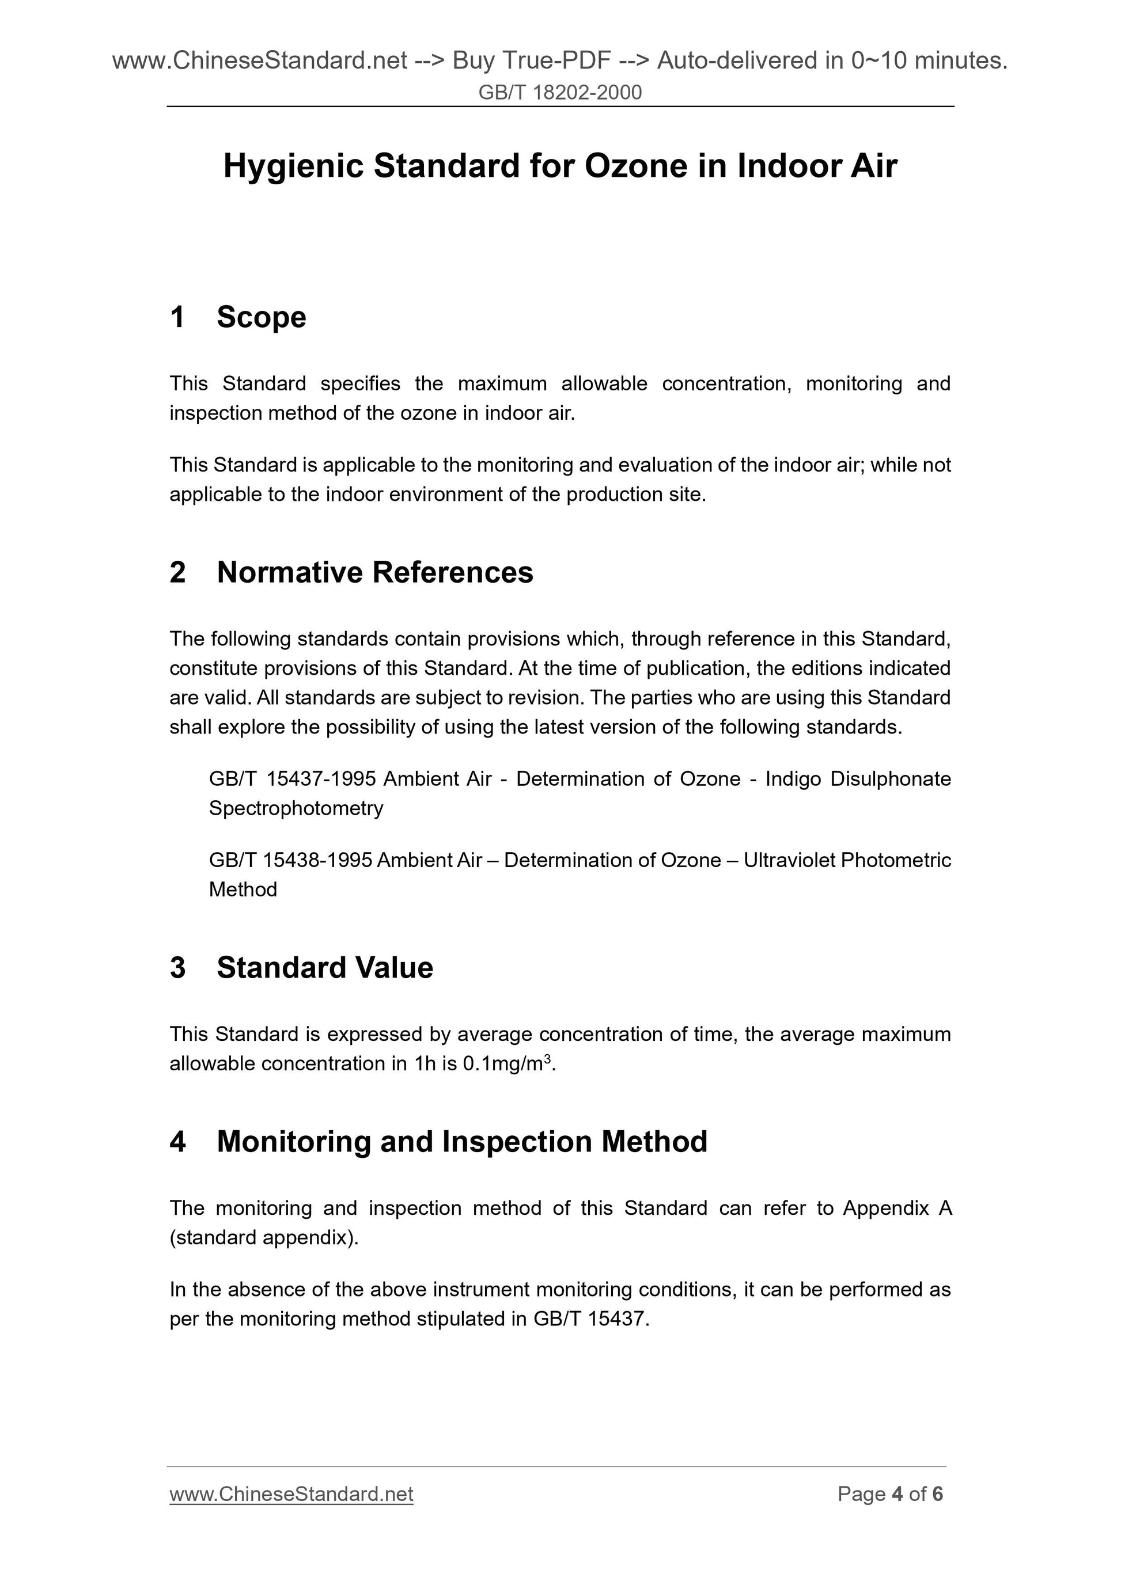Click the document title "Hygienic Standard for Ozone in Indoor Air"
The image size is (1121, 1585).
pyautogui.click(x=560, y=166)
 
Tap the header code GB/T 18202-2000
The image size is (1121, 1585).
pyautogui.click(x=560, y=92)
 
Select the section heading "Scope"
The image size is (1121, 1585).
pyautogui.click(x=261, y=318)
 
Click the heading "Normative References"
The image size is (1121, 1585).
pyautogui.click(x=375, y=572)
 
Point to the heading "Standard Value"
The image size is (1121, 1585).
pyautogui.click(x=325, y=968)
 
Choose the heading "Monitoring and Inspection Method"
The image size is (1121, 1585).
pyautogui.click(x=462, y=1142)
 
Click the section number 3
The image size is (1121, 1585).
pyautogui.click(x=177, y=968)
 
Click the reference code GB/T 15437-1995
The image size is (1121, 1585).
pyautogui.click(x=292, y=779)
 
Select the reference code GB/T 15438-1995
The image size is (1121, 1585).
pyautogui.click(x=290, y=860)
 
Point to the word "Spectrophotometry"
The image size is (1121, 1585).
pyautogui.click(x=296, y=808)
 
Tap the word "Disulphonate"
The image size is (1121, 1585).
pyautogui.click(x=891, y=779)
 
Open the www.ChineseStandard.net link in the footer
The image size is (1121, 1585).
pyautogui.click(x=291, y=1495)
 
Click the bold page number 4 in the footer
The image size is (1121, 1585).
pyautogui.click(x=897, y=1495)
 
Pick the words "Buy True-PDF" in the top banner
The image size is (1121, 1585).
pyautogui.click(x=531, y=62)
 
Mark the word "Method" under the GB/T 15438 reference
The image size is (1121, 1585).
pyautogui.click(x=243, y=890)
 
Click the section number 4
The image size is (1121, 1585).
pyautogui.click(x=177, y=1142)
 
